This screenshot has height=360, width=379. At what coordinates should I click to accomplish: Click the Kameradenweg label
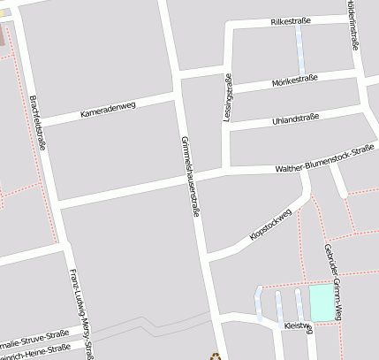point(107,110)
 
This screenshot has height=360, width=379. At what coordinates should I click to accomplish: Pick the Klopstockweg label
point(271,224)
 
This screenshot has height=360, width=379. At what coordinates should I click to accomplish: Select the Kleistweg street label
point(299,326)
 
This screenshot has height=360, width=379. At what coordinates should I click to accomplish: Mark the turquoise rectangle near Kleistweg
point(322,303)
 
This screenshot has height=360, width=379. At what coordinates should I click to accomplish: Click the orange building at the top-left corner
point(3,37)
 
